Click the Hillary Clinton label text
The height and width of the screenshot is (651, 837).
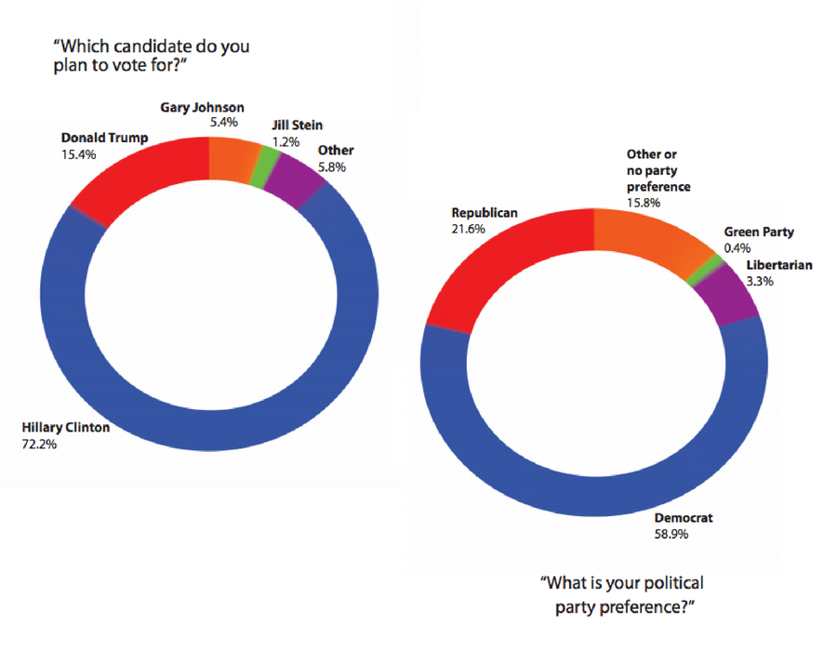click(66, 429)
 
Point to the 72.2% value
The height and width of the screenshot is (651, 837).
click(40, 445)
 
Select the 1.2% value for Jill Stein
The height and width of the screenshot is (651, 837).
click(286, 140)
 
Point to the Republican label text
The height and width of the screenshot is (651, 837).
click(484, 213)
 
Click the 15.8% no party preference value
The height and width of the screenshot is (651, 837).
click(645, 203)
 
